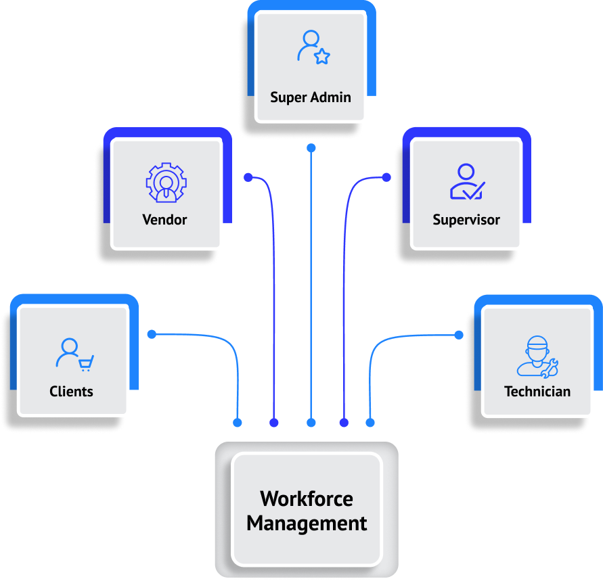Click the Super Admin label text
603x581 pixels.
coord(311,97)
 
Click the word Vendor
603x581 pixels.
coord(164,219)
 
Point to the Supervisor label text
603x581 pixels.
coord(466,220)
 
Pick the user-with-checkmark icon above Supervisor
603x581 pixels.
coord(466,182)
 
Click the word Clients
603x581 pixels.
coord(71,392)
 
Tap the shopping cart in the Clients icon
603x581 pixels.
coord(86,364)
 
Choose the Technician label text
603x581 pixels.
coord(537,392)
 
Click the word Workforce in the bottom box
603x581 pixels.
coord(307,499)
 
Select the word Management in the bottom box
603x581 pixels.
coord(307,524)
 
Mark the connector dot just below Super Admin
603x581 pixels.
coord(311,147)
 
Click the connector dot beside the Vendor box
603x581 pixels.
coord(248,178)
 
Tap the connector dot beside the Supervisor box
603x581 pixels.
coord(386,177)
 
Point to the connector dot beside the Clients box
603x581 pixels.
coord(152,334)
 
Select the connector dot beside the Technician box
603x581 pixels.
coord(459,335)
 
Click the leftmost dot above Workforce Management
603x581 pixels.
coord(238,423)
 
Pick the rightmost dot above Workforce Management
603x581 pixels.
coord(370,423)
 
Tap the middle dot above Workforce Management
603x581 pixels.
coord(311,423)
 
